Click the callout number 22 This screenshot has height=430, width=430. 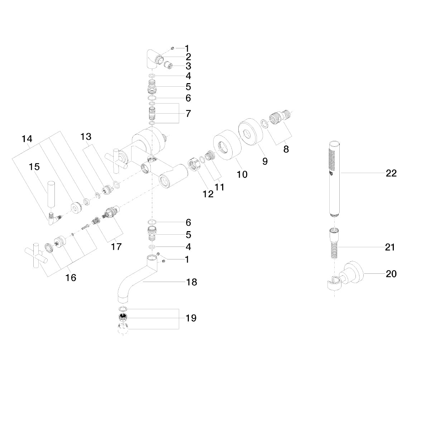tap(391, 173)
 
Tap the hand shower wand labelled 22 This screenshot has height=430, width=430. tap(334, 179)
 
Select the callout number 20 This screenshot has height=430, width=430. tap(391, 274)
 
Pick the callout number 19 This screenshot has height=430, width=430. tap(191, 318)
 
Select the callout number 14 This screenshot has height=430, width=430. tap(27, 139)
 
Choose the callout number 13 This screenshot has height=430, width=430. tap(86, 137)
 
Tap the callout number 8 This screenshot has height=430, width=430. tap(286, 149)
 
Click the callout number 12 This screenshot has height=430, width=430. tap(208, 194)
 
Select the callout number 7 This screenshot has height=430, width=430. tap(188, 114)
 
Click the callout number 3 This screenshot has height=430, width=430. tap(188, 66)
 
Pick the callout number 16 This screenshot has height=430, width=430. tap(71, 277)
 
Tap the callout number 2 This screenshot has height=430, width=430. tap(188, 57)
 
